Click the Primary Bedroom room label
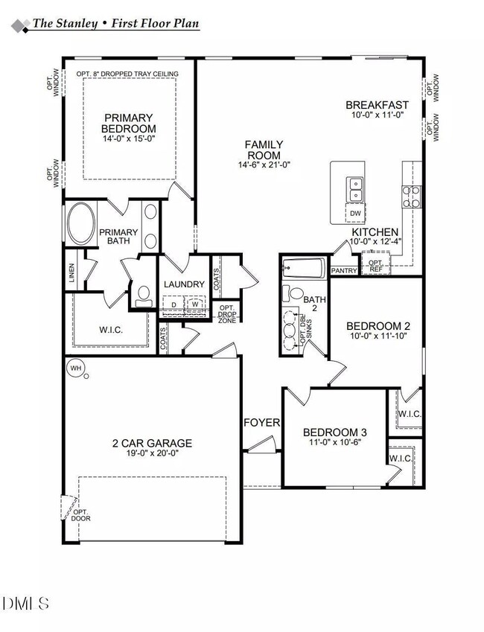tap(128, 124)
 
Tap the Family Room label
tap(264, 150)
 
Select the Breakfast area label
tap(377, 105)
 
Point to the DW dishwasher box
tap(355, 214)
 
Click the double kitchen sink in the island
tap(354, 189)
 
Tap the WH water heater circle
tap(75, 368)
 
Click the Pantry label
tap(344, 270)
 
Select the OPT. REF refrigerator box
tap(376, 264)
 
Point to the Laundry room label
tap(183, 284)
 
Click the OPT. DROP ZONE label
tap(226, 313)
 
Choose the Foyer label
tap(262, 423)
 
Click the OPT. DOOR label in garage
tap(80, 515)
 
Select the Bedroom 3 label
tap(334, 432)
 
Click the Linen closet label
tap(71, 275)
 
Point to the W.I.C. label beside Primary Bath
tap(110, 329)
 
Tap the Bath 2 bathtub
tap(304, 267)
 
